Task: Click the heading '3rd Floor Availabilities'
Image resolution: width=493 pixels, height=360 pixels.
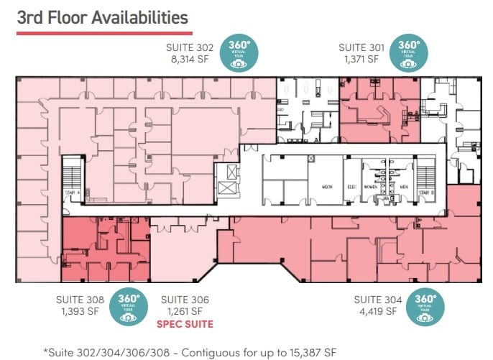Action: [x=102, y=17]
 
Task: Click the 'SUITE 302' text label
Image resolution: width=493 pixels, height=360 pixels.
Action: [x=190, y=48]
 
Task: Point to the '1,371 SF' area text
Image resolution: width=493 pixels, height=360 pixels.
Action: [x=362, y=60]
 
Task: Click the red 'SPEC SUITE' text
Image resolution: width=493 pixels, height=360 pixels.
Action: [x=185, y=324]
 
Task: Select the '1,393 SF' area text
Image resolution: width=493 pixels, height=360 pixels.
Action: [x=80, y=312]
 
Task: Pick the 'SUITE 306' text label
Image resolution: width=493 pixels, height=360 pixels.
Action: [x=185, y=300]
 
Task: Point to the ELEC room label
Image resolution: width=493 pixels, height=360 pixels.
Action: [x=352, y=187]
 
